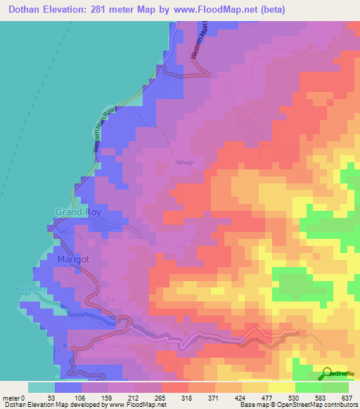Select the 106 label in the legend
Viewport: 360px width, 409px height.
pos(81,398)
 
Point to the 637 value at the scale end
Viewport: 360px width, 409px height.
pos(347,398)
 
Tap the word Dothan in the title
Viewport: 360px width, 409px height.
pos(26,9)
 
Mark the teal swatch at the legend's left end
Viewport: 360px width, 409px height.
pos(41,387)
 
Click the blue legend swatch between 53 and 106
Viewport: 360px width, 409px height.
pos(67,387)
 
